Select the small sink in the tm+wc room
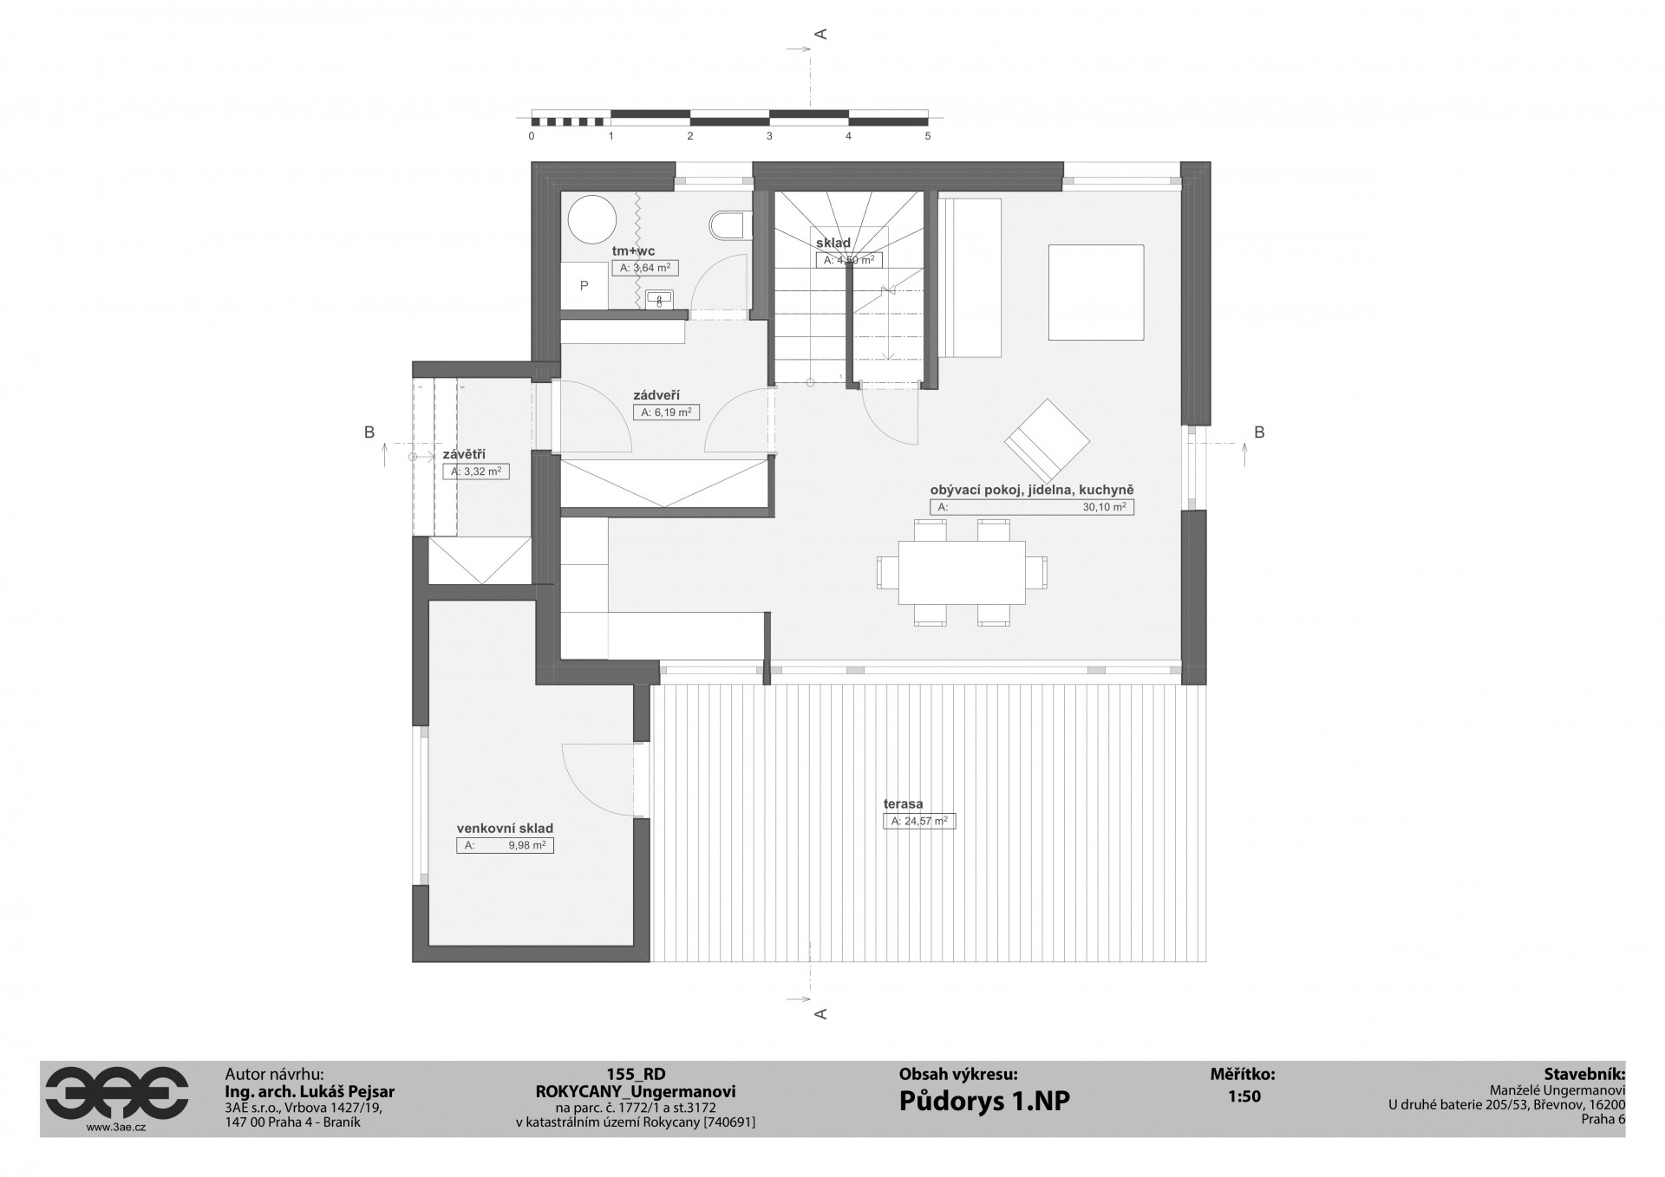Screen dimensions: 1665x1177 point(660,298)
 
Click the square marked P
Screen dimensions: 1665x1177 point(584,285)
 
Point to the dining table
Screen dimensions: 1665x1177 point(962,572)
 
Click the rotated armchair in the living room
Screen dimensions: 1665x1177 point(1047,440)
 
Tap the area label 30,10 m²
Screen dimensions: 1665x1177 point(1104,508)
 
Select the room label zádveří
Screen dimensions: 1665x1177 point(657,394)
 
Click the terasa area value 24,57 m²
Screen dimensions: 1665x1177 point(924,821)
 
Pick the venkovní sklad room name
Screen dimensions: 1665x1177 point(505,829)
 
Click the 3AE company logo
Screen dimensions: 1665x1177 point(116,1092)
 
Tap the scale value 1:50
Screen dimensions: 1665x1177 point(1244,1096)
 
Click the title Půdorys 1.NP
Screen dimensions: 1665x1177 point(984,1101)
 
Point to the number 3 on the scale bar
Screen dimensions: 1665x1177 point(769,137)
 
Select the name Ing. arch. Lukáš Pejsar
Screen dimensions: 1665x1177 point(310,1092)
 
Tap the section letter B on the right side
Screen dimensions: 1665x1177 point(1260,432)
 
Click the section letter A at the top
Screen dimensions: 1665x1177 point(820,34)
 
